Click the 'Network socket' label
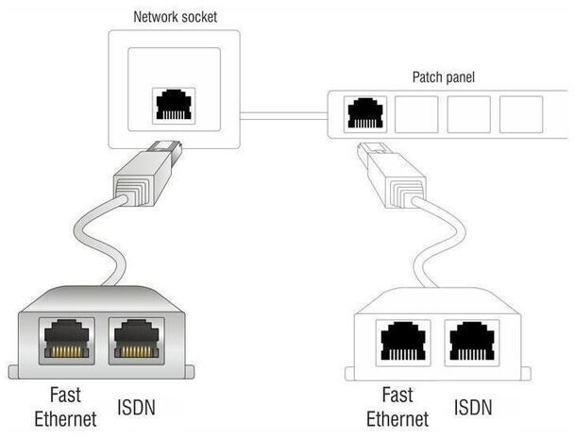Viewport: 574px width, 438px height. pyautogui.click(x=175, y=16)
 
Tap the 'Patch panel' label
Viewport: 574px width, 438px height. pyautogui.click(x=444, y=76)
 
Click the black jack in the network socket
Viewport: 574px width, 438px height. pyautogui.click(x=174, y=104)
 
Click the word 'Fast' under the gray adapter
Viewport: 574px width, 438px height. pyautogui.click(x=64, y=395)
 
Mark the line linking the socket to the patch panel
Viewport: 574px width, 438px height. pyautogui.click(x=283, y=115)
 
